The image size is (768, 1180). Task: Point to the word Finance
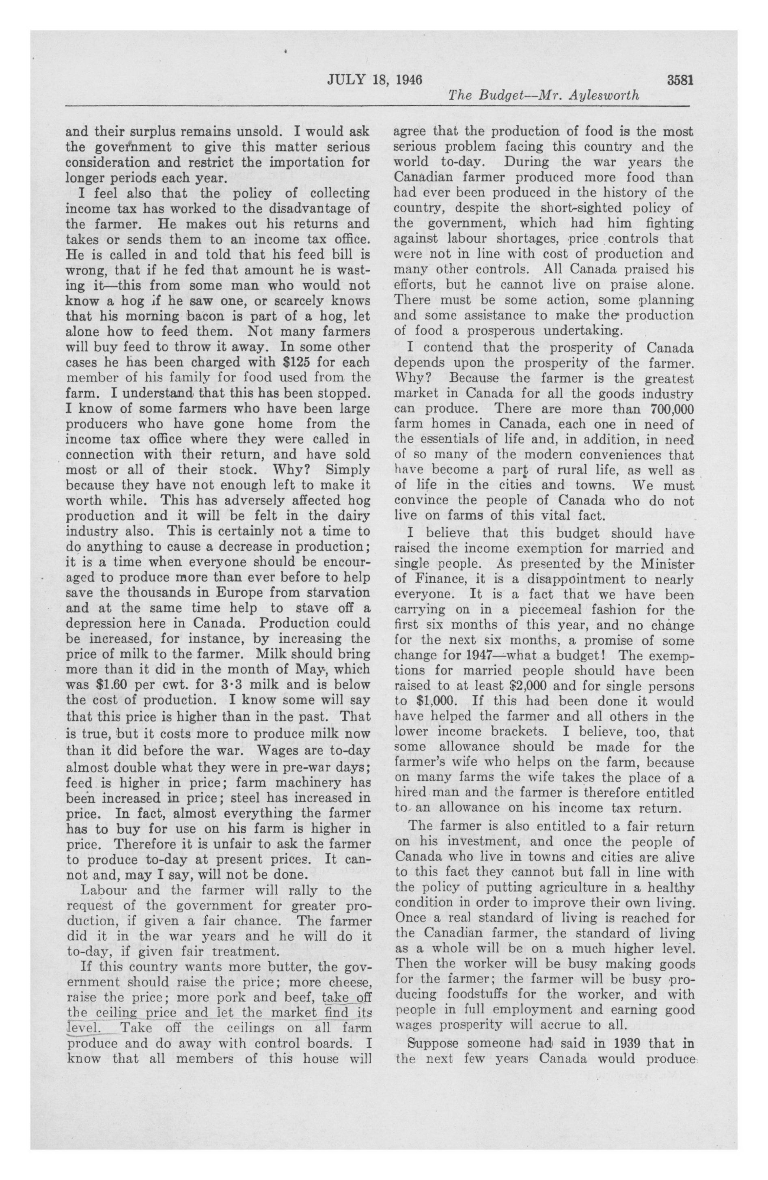click(x=434, y=579)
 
